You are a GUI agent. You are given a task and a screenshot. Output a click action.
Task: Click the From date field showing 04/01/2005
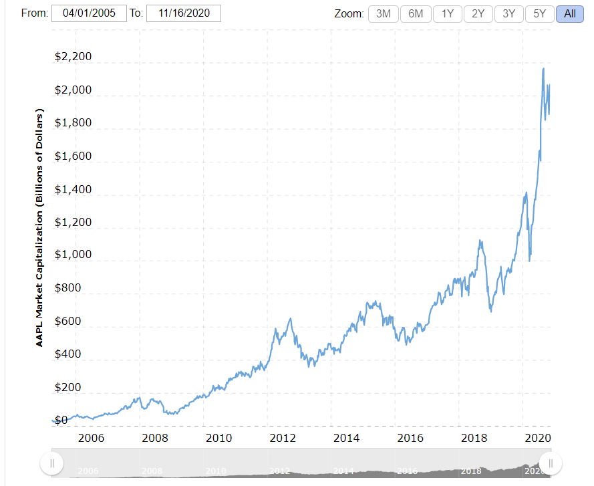pos(89,13)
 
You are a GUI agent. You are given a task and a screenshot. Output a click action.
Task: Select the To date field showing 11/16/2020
pos(183,13)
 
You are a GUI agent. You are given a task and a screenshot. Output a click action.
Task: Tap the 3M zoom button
pos(384,13)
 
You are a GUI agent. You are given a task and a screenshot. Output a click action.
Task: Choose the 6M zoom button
pos(416,13)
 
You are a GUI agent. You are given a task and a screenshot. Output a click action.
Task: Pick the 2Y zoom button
pos(478,13)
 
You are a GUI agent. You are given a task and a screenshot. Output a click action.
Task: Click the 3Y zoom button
pos(509,13)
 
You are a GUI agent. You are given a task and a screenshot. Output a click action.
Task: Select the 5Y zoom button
pos(540,13)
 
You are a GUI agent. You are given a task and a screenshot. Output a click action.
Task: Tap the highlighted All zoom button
pos(569,13)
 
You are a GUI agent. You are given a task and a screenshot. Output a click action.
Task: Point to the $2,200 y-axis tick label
pos(73,57)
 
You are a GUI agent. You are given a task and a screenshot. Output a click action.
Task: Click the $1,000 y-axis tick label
pos(73,255)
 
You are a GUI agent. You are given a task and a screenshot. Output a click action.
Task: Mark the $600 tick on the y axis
pos(78,322)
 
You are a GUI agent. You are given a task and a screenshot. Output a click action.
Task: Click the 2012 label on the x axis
pos(283,439)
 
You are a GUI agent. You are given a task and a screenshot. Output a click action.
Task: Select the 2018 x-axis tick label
pos(474,439)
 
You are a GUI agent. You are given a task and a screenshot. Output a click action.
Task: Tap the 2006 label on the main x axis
pos(92,439)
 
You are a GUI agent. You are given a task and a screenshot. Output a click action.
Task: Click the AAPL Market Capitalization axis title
pos(40,227)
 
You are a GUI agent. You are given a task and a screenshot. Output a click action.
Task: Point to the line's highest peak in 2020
pos(543,68)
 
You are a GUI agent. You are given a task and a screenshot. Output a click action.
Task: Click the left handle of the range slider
pos(51,463)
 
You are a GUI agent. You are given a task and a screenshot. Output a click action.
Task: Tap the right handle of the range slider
pos(551,463)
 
